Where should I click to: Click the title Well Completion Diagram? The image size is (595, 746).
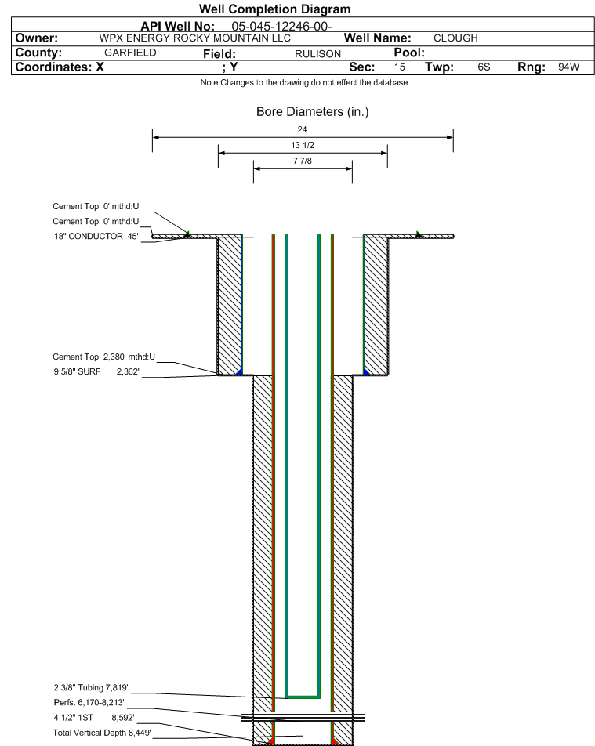274,9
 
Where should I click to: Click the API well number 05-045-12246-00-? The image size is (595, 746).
281,26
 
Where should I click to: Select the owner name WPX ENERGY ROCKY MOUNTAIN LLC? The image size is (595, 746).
194,38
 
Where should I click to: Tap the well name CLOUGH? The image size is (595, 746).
455,38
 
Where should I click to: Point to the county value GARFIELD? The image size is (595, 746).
130,53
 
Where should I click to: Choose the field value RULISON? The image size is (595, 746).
318,54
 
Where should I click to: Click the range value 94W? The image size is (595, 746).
569,67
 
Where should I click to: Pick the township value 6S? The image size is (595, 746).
484,67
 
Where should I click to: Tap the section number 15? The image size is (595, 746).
400,67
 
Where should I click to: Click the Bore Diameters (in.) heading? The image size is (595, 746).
313,112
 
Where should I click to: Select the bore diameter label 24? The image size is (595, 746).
303,129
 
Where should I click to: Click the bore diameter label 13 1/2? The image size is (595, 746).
303,145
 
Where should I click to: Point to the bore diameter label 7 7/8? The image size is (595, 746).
303,161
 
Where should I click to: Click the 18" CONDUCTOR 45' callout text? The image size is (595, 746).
96,236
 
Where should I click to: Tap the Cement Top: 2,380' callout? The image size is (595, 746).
103,357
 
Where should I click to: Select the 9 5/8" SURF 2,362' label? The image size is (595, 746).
96,371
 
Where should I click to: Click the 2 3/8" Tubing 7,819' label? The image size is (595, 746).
91,687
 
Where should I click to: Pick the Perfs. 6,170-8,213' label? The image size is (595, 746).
89,702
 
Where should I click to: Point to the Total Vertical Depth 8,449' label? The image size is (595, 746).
102,733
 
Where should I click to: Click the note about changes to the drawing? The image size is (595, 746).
303,82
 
